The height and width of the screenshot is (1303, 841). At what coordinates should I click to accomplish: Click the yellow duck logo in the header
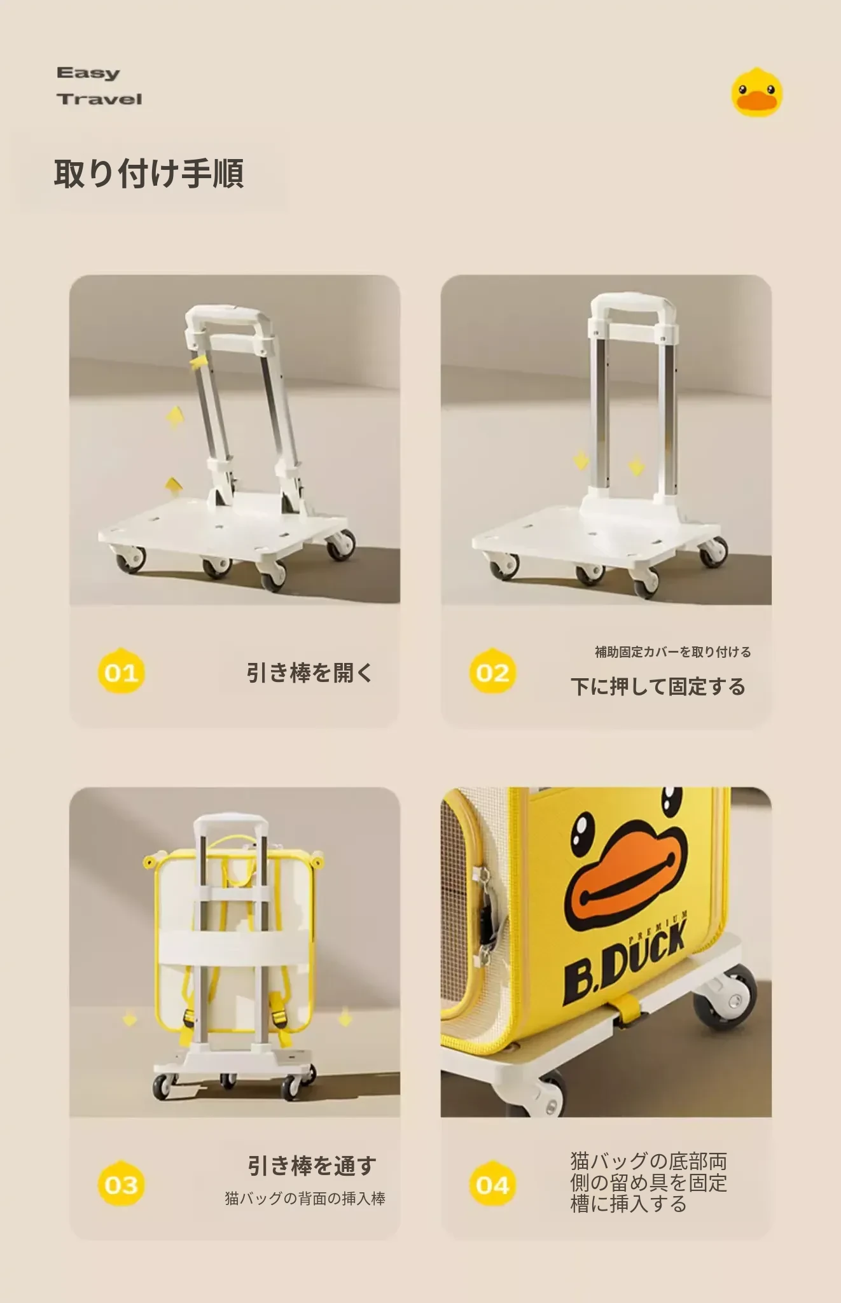tap(756, 93)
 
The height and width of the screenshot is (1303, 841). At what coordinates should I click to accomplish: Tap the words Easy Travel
tap(99, 86)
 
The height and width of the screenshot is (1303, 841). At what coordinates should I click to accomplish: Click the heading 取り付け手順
tap(149, 174)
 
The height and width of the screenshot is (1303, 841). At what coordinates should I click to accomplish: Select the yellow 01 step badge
tap(121, 671)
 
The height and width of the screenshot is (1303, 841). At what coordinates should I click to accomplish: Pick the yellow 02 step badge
tap(492, 671)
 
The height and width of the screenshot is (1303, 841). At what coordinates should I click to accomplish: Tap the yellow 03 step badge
tap(121, 1183)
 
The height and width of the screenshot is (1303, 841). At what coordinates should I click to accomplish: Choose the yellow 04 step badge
tap(492, 1183)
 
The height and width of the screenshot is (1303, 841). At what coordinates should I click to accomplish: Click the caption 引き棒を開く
tap(309, 672)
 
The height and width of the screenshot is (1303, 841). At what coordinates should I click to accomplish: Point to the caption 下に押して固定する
tap(658, 686)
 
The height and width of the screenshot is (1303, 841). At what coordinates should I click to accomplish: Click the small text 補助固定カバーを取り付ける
tap(672, 651)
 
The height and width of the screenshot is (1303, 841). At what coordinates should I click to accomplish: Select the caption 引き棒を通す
tap(312, 1166)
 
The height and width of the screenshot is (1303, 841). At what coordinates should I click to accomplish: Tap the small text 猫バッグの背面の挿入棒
tap(305, 1199)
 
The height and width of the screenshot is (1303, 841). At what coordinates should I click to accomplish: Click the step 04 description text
tap(648, 1183)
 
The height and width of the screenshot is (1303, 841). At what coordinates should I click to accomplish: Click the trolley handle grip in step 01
tap(226, 315)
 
